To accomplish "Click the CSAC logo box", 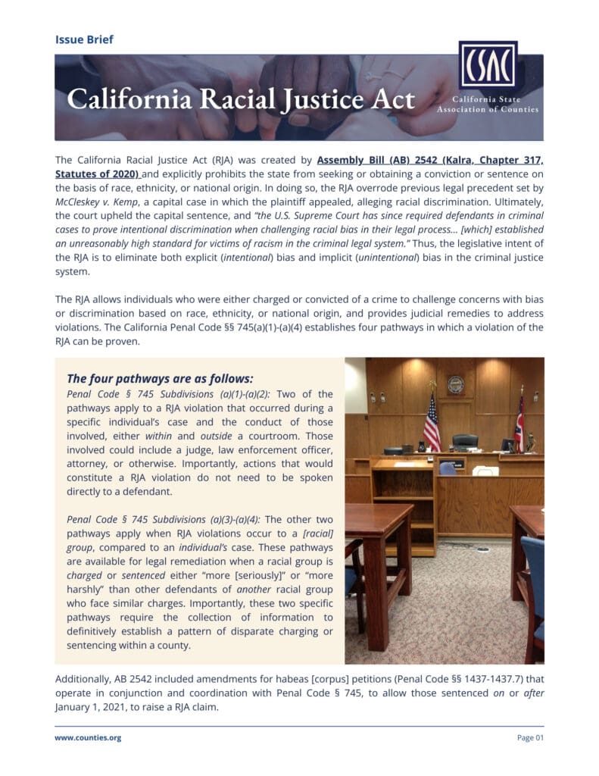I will click(488, 65).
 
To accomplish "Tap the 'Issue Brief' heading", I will click(84, 39).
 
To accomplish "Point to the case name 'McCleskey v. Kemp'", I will click(95, 203).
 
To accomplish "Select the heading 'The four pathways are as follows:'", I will click(160, 378).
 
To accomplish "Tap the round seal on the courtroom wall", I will click(455, 385).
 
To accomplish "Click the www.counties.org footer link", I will click(88, 737).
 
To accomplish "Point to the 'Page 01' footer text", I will click(530, 737).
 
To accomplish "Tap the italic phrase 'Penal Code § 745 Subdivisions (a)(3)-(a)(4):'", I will click(164, 519).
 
